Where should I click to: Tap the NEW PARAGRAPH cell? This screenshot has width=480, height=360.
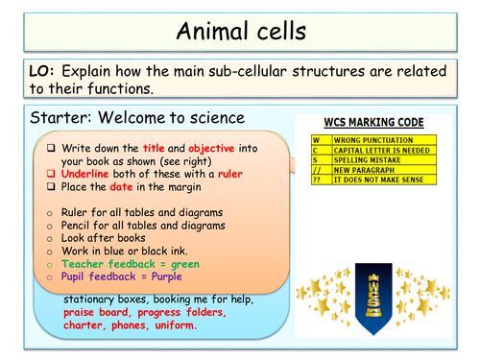pos(369,170)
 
